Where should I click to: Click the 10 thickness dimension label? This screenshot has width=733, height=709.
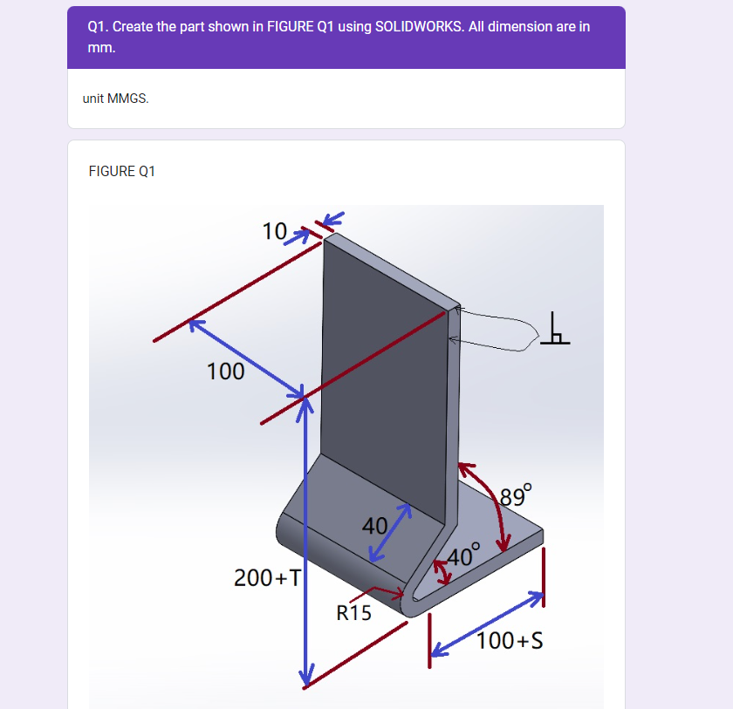coord(274,231)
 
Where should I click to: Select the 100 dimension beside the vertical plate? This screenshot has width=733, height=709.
coord(225,372)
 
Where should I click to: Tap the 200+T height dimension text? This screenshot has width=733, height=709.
coord(267,578)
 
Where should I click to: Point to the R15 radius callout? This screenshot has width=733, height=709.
coord(353,613)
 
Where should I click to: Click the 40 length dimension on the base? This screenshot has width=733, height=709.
coord(374,526)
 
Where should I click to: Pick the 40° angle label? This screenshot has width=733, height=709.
coord(463,555)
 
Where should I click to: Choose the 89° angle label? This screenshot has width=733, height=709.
coord(516,495)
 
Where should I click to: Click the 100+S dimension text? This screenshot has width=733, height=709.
coord(510,640)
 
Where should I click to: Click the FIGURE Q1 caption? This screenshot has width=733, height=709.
coord(121,172)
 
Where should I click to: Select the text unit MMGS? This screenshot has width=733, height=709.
coord(115,99)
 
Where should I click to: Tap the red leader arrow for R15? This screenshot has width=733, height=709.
coord(377,592)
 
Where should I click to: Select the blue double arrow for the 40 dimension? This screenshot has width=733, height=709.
coord(390,533)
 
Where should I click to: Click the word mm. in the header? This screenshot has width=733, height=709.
coord(101,48)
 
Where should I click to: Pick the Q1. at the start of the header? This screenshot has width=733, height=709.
coord(97,27)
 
